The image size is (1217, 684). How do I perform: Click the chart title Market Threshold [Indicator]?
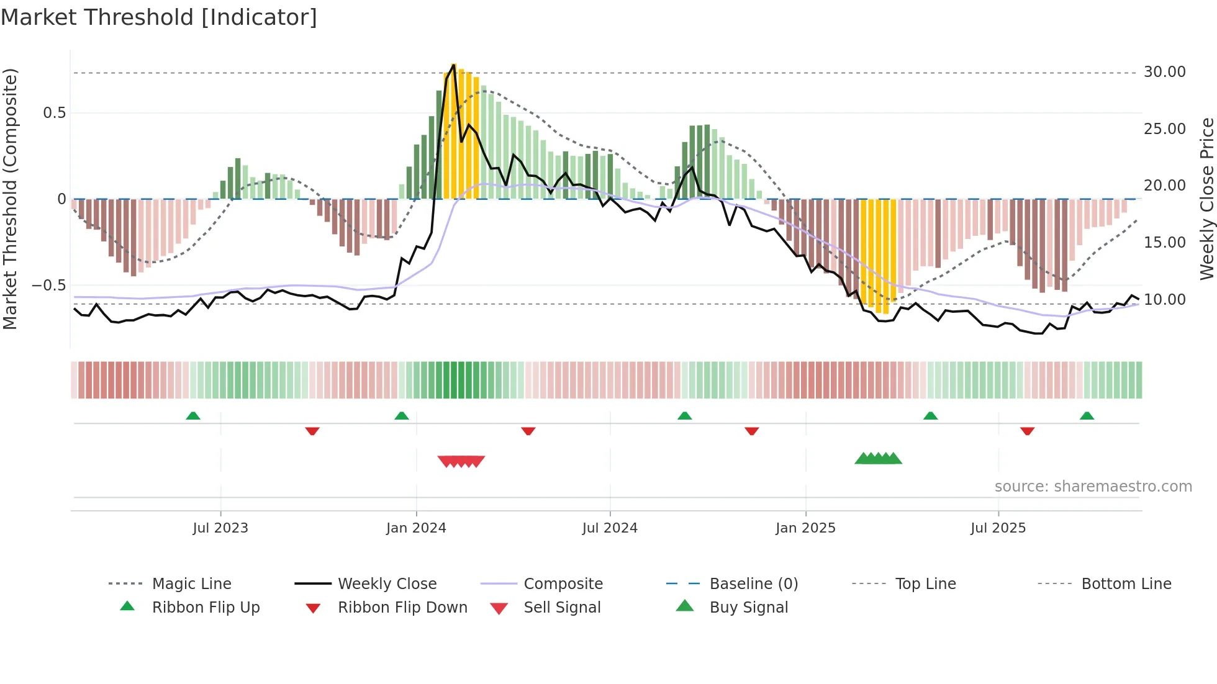[159, 17]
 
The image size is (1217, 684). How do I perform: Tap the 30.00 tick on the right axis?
[1164, 72]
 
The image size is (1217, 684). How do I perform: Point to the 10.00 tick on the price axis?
[1164, 300]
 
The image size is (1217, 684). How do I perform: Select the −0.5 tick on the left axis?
[49, 286]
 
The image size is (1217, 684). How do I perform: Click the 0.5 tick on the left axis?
[54, 113]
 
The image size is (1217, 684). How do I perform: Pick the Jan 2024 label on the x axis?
[416, 528]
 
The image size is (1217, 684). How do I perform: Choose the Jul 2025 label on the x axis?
[998, 528]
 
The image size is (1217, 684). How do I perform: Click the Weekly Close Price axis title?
[1206, 199]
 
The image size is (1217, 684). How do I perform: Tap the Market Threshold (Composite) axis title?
[10, 199]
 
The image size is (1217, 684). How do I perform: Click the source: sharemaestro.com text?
[1093, 487]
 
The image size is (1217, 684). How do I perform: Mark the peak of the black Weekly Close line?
[454, 65]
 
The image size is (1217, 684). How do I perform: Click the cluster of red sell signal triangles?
[461, 461]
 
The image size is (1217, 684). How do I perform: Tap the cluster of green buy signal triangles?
[878, 459]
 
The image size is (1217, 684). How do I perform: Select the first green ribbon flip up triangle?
[193, 416]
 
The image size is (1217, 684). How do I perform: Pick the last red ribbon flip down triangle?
[1027, 431]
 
